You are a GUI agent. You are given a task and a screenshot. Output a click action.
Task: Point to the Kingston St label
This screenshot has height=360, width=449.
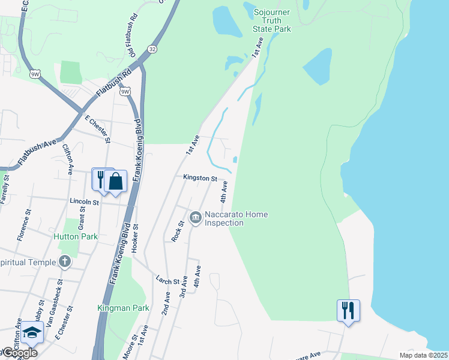(x=200, y=178)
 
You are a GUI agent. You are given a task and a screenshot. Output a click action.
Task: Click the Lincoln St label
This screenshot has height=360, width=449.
(x=83, y=202)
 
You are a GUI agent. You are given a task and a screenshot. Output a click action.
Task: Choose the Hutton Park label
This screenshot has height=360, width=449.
(x=80, y=236)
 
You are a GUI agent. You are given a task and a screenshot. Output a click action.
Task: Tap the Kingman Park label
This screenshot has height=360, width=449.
(x=123, y=308)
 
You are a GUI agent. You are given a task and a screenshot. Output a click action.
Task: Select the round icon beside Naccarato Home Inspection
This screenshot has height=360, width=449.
(x=195, y=217)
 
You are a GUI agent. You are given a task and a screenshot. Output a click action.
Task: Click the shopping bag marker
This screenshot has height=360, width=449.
(x=115, y=181)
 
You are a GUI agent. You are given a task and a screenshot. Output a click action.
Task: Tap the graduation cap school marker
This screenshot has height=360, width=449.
(x=32, y=334)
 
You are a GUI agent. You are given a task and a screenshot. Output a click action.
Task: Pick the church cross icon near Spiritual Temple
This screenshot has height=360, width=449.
(x=65, y=262)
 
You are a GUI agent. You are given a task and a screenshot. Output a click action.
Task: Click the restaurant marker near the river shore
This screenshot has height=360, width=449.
(x=348, y=310)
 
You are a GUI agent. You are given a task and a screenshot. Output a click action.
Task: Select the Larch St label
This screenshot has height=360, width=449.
(x=167, y=281)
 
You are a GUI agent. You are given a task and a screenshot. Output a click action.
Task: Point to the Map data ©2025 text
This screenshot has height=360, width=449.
(x=423, y=355)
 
